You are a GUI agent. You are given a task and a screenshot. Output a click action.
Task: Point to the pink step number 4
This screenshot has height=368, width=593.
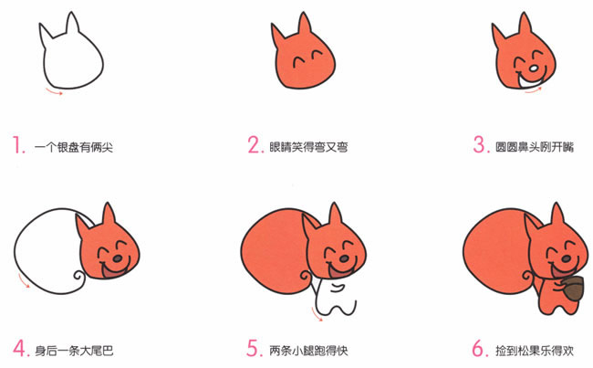19,348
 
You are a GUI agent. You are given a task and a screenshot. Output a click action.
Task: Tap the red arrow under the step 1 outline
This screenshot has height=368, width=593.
56,90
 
